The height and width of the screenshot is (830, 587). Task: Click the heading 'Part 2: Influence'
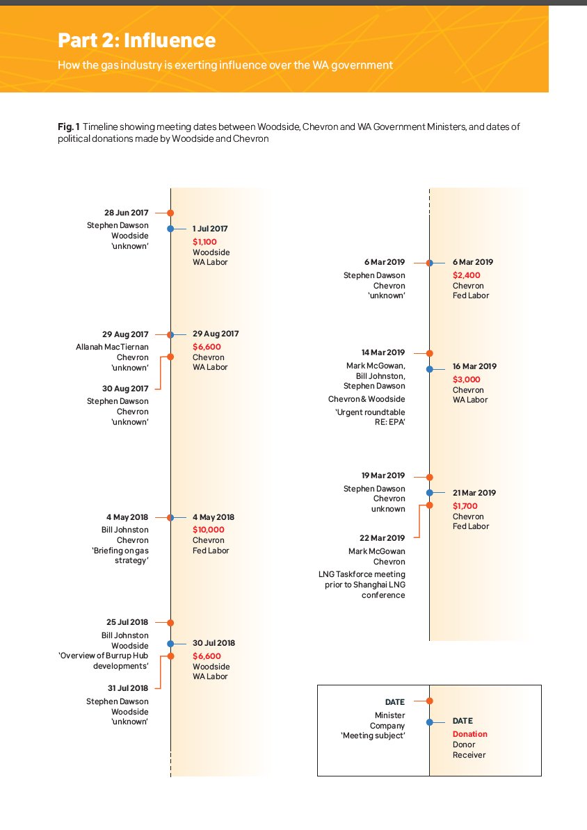pyautogui.click(x=136, y=40)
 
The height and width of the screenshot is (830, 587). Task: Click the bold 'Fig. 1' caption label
pyautogui.click(x=68, y=127)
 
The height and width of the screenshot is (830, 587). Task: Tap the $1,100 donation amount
pyautogui.click(x=204, y=242)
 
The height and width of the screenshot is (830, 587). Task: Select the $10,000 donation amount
pyautogui.click(x=209, y=530)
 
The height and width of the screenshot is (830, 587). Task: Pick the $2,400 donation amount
pyautogui.click(x=466, y=275)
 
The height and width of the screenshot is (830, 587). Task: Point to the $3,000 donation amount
pyautogui.click(x=466, y=380)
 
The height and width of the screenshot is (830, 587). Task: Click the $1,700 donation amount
pyautogui.click(x=465, y=506)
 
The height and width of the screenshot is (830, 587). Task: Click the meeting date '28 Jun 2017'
pyautogui.click(x=126, y=213)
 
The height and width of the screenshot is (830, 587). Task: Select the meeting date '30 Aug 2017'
pyautogui.click(x=126, y=389)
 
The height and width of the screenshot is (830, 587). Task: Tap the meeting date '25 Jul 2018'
pyautogui.click(x=127, y=622)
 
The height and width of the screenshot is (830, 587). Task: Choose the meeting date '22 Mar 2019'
pyautogui.click(x=382, y=538)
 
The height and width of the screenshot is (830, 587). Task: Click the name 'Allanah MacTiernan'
pyautogui.click(x=112, y=347)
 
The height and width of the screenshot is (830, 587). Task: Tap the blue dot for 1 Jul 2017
pyautogui.click(x=170, y=228)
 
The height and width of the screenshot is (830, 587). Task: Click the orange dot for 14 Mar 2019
pyautogui.click(x=429, y=353)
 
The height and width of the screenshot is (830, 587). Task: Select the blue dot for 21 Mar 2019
pyautogui.click(x=429, y=493)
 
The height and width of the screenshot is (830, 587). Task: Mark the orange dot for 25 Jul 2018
pyautogui.click(x=170, y=623)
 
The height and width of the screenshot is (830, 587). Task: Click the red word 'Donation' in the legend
pyautogui.click(x=469, y=734)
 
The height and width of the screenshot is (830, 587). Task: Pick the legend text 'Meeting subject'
pyautogui.click(x=373, y=735)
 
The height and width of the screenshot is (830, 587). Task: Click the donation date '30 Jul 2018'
pyautogui.click(x=214, y=643)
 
